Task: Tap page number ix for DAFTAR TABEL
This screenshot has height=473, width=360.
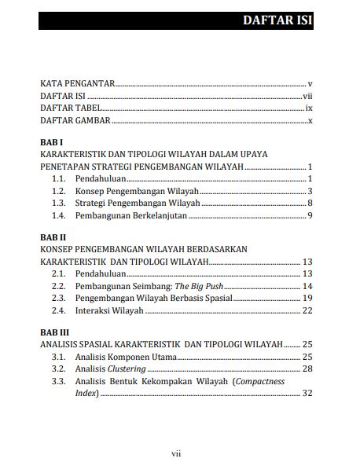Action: point(310,108)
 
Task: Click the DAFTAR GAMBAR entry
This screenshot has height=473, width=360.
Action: point(75,120)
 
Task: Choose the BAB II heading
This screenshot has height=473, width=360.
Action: point(53,236)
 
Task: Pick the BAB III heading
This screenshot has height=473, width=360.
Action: point(54,332)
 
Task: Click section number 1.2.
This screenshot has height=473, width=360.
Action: point(58,191)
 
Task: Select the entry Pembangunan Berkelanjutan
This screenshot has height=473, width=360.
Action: point(131,215)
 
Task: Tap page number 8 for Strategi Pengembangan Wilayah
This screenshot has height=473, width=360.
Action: point(310,203)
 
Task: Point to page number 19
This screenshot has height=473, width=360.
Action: point(307,299)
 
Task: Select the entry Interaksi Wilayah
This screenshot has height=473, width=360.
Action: point(109,310)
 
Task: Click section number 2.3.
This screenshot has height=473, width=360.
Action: point(58,299)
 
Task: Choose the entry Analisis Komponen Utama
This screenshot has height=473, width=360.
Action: point(125,357)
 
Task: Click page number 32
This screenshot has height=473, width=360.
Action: point(307,393)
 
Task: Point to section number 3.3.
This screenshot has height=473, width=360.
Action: point(58,381)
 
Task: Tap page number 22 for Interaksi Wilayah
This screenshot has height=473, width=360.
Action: point(307,310)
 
